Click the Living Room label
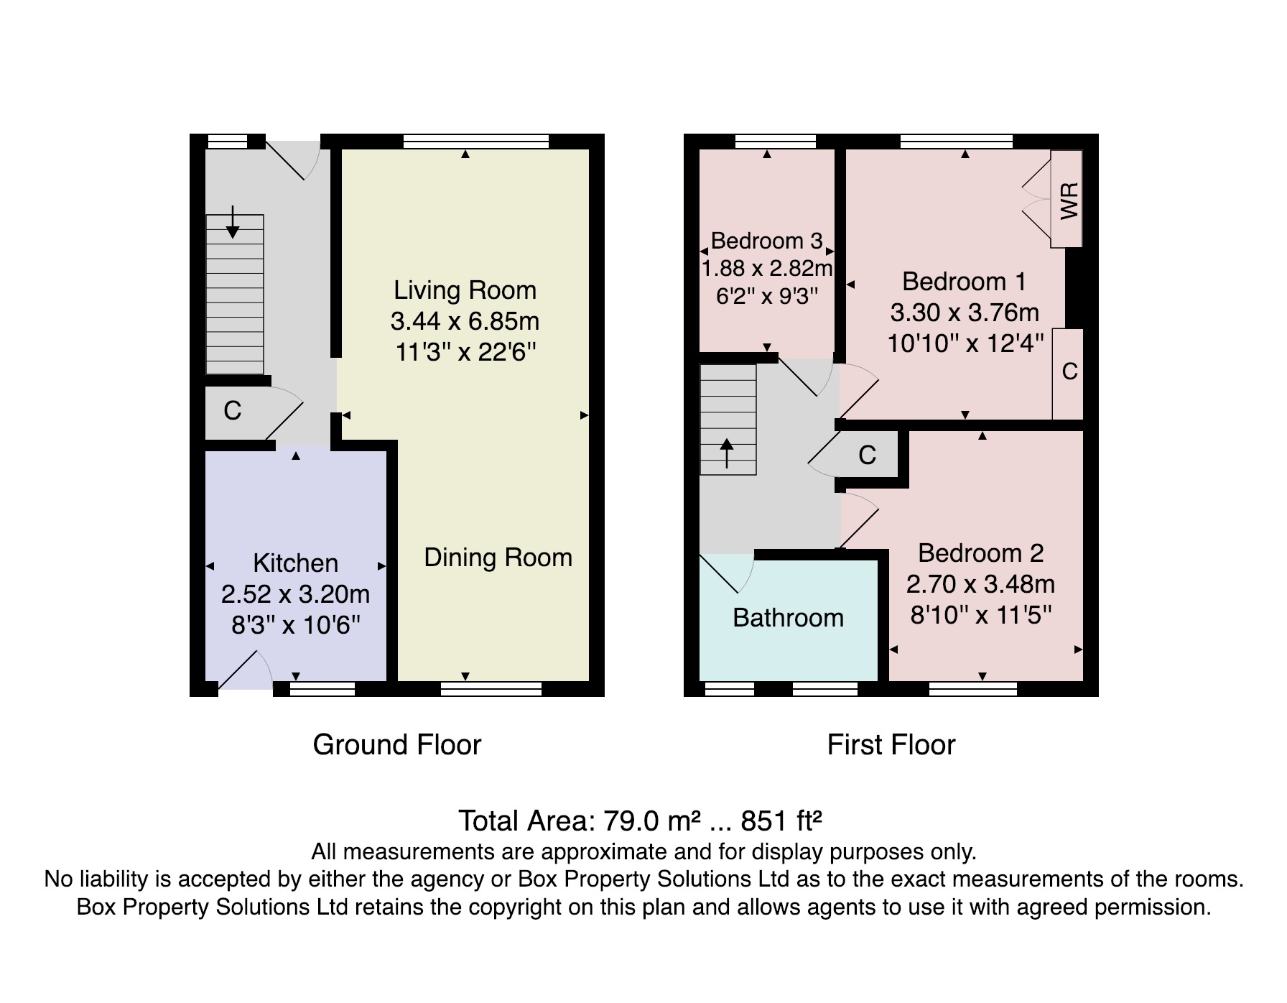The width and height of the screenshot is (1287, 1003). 465,290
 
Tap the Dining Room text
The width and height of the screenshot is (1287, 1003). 498,558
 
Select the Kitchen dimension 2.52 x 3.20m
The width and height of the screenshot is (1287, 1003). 295,594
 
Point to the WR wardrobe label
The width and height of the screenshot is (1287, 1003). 1069,200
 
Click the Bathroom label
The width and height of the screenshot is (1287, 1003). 788,618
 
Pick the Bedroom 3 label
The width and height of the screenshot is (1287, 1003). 766,241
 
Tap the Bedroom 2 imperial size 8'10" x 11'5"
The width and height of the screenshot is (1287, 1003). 981,615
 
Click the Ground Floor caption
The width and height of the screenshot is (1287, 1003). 397,744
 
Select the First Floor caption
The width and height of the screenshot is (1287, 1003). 891,744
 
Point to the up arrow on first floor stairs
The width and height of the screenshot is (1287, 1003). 727,453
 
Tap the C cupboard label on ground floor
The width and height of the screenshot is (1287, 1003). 232,410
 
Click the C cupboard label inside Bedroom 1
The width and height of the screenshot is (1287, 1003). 1069,371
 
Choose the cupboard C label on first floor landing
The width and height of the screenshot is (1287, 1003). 868,455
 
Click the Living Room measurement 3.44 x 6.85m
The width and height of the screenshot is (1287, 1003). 465,321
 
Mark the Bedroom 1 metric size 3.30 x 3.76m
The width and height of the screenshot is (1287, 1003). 965,313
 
